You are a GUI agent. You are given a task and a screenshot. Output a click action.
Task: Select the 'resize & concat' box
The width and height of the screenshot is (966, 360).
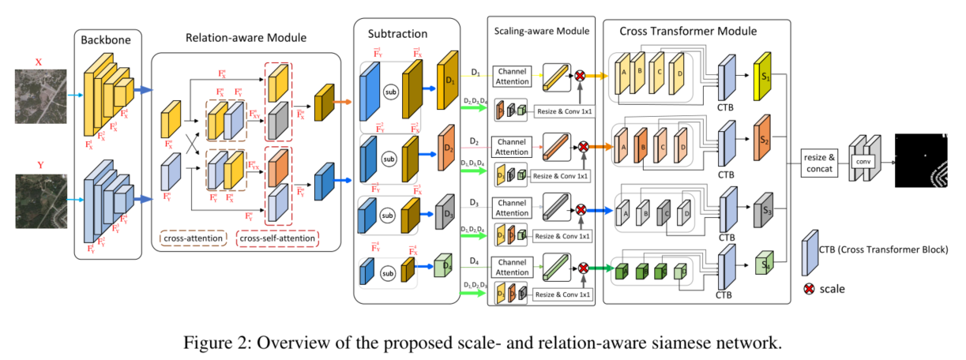coord(820,159)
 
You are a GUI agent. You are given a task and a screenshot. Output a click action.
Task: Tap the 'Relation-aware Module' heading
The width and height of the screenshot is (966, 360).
coord(245,37)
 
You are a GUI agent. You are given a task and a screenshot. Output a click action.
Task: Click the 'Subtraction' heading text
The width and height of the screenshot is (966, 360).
coord(397,35)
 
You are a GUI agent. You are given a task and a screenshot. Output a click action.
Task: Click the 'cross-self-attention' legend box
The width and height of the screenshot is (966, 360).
coord(276,238)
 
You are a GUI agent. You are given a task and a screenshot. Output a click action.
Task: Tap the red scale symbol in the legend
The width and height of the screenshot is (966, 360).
coord(810,289)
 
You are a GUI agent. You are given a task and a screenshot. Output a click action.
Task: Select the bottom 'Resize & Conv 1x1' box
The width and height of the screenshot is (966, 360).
coord(561,294)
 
